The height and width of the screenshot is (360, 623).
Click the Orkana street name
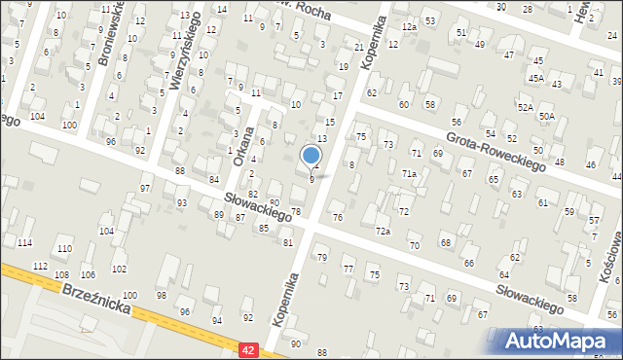point(243,145)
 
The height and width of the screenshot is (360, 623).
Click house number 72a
point(384,232)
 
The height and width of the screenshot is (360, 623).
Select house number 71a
point(411,173)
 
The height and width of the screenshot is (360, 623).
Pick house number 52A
point(526,107)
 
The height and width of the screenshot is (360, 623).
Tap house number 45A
point(536,77)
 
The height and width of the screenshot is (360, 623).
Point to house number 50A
point(548,116)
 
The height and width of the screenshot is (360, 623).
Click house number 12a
point(410,27)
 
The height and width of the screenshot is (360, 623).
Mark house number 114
point(24,242)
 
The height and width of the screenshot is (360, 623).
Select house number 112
point(40,266)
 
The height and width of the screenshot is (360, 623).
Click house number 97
point(145,188)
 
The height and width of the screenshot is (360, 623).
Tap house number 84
point(213,179)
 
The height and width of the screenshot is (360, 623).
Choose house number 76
point(338,217)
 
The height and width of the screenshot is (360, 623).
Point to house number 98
point(162,295)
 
